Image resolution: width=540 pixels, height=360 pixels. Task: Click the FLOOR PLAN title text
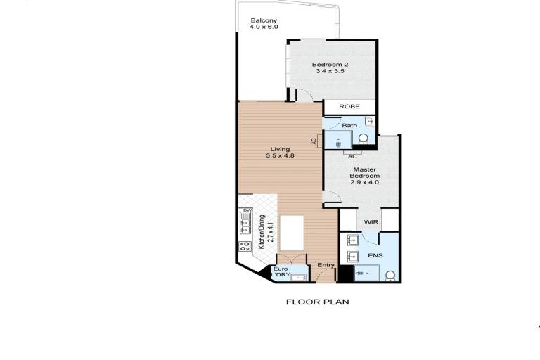pos(318,302)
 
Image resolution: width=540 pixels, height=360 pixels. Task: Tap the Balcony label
pos(264,20)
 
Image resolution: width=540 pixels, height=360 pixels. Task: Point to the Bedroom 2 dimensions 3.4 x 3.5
pos(330,71)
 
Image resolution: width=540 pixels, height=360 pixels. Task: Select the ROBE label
pos(349,106)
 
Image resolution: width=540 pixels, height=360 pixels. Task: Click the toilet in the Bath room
pos(363,139)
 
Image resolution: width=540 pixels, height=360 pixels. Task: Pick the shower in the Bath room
pos(339,139)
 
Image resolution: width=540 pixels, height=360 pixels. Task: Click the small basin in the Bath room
pos(369,121)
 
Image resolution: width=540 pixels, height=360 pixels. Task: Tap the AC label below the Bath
pos(352,156)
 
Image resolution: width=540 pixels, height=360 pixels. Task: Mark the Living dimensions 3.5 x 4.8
pos(280,155)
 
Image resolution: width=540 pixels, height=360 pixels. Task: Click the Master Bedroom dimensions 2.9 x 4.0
pos(364,182)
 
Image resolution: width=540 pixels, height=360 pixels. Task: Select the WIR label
pos(371,222)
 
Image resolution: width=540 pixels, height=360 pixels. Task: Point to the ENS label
pos(375,255)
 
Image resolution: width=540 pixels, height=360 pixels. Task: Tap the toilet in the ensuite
pos(390,276)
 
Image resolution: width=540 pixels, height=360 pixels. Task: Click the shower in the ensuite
pos(366,274)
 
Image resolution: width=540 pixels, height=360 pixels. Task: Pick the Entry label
pos(326,265)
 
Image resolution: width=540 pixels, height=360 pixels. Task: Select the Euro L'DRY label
pos(281,272)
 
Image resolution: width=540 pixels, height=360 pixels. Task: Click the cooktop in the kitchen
pos(245,246)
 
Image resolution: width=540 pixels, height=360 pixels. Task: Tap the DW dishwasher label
pos(247,210)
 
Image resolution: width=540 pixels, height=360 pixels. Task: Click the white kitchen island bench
pos(292,233)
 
